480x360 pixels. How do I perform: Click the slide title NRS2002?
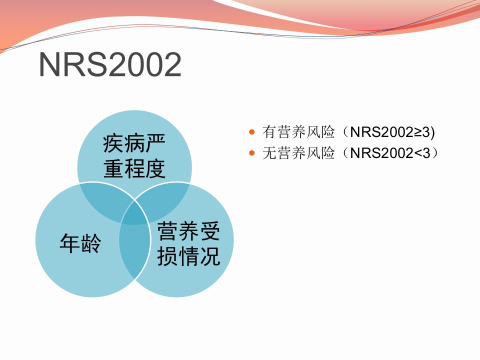(x=110, y=64)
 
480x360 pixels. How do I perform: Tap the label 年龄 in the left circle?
(x=80, y=243)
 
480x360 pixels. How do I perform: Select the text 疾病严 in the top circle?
(x=134, y=143)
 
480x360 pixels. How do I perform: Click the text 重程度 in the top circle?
(x=134, y=168)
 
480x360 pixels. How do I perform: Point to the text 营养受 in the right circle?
(x=188, y=231)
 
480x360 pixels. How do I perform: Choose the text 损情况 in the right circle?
(x=188, y=256)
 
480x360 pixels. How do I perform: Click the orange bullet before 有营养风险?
(x=252, y=132)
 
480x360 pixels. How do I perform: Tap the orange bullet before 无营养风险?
(x=252, y=153)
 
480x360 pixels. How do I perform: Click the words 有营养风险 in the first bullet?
(x=298, y=132)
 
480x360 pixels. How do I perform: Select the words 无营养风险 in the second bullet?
(x=298, y=153)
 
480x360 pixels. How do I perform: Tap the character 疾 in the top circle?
(x=113, y=143)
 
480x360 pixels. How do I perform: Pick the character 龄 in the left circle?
(x=91, y=243)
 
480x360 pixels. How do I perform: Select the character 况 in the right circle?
(x=210, y=256)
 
